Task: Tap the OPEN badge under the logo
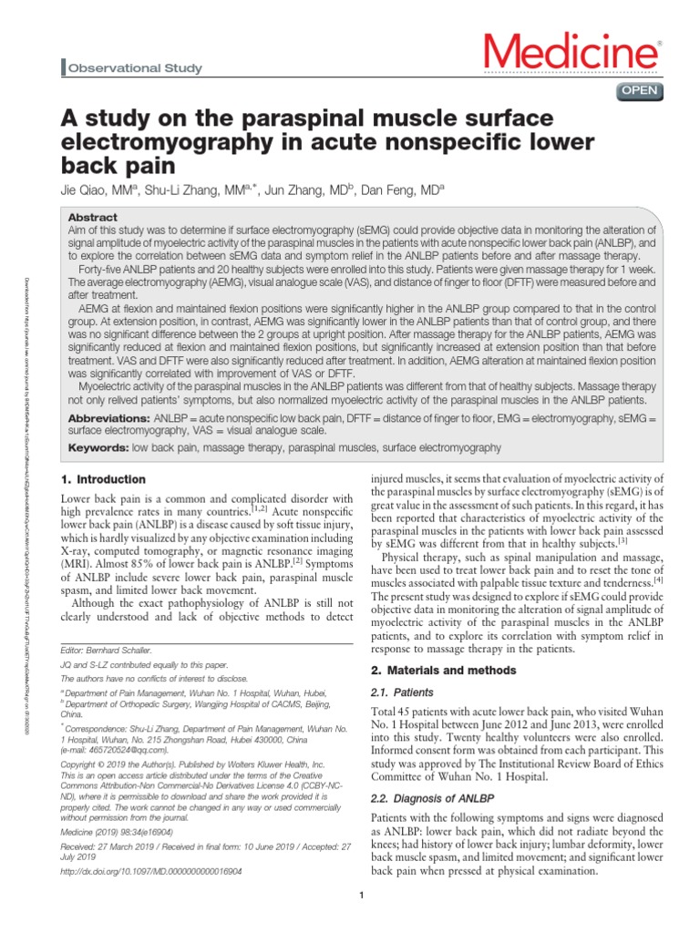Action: tap(642, 89)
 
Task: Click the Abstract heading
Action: tap(93, 218)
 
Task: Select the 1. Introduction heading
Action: tap(102, 479)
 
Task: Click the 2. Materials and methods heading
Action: tap(441, 671)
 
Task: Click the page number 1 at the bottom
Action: tap(362, 897)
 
